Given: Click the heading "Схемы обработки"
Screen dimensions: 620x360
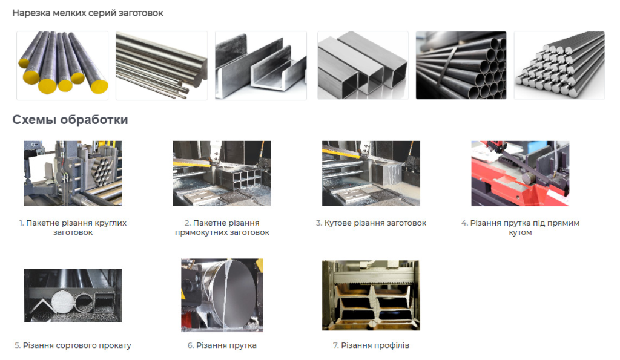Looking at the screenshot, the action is click(x=70, y=119).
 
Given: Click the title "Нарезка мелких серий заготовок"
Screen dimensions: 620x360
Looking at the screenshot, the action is click(x=88, y=13).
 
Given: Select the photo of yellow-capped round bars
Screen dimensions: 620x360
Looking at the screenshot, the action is click(x=62, y=65).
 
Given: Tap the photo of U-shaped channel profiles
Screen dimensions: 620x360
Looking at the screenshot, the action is click(x=260, y=65).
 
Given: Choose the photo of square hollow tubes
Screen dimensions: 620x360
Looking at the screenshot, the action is click(x=363, y=65).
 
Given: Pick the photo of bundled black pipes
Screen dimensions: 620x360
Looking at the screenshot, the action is click(x=461, y=65).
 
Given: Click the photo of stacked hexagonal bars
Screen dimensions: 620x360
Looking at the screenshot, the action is click(x=559, y=65).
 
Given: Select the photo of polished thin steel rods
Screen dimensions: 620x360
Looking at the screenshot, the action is click(x=162, y=65).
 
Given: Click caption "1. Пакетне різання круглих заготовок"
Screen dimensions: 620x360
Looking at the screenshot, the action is click(x=73, y=227).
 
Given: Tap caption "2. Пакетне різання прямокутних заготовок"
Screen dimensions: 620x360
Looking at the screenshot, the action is click(x=222, y=227).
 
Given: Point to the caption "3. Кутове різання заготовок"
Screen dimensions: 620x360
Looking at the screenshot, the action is click(x=371, y=223).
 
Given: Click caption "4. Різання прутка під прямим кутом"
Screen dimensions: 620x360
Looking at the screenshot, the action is click(x=520, y=227).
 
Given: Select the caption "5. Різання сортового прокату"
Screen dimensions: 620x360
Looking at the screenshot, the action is click(x=73, y=345).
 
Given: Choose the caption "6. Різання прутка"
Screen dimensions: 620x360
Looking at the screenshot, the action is click(x=222, y=345).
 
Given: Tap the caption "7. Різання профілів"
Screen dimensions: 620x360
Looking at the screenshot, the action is click(x=371, y=345).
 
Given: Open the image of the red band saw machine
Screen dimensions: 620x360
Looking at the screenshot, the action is click(x=520, y=174).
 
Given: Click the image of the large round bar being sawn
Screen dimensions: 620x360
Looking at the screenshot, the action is click(x=222, y=295).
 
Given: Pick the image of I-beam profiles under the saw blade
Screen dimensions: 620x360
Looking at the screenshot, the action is click(x=371, y=295).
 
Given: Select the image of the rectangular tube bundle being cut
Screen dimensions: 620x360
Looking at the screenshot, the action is click(x=222, y=174).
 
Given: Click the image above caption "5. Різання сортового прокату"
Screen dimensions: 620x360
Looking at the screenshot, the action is click(x=73, y=296).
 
